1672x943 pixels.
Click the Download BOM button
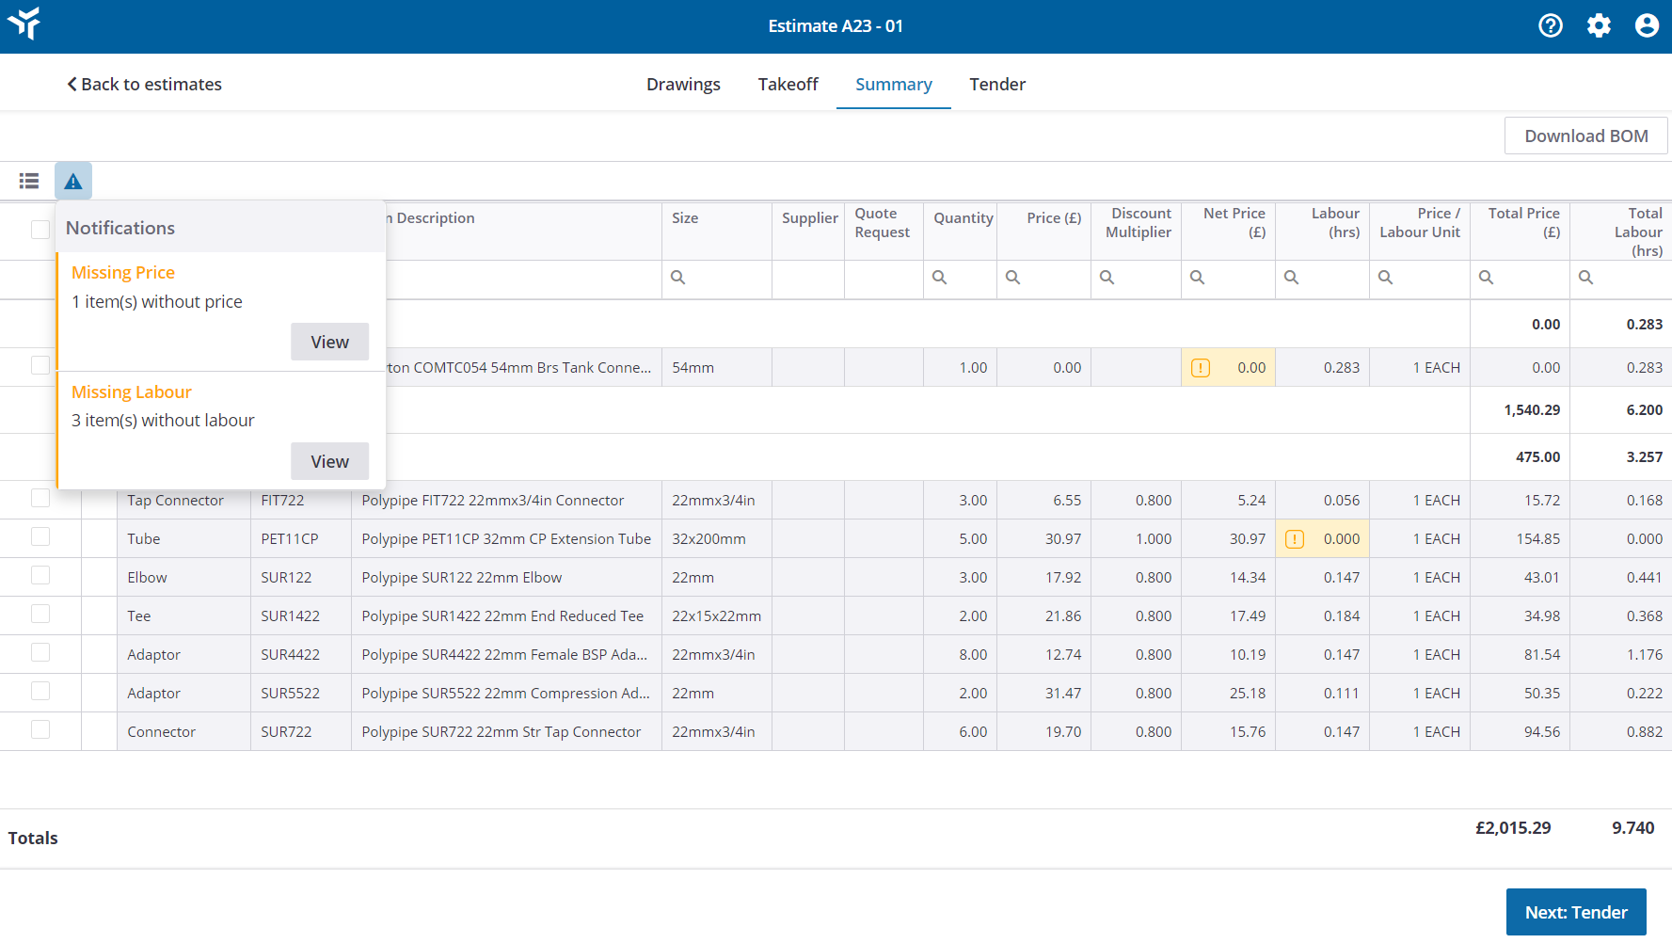click(1585, 136)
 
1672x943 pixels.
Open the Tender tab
click(996, 85)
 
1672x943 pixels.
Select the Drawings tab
click(683, 85)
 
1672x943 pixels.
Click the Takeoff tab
click(788, 85)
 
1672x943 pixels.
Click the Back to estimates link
click(144, 85)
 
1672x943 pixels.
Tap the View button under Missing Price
click(329, 342)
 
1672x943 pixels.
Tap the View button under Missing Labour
click(329, 461)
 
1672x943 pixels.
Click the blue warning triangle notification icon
click(73, 181)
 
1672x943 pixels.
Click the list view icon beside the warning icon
click(29, 181)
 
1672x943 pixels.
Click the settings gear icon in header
click(1599, 26)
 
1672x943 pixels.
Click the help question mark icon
click(1550, 26)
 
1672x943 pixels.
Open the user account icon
click(1647, 26)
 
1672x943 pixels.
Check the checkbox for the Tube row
click(40, 537)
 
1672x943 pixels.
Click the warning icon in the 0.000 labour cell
click(1295, 539)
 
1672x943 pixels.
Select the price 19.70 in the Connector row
click(1063, 732)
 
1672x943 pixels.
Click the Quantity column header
click(963, 218)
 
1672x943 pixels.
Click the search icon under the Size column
click(677, 278)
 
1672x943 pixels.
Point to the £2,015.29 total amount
click(1513, 828)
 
